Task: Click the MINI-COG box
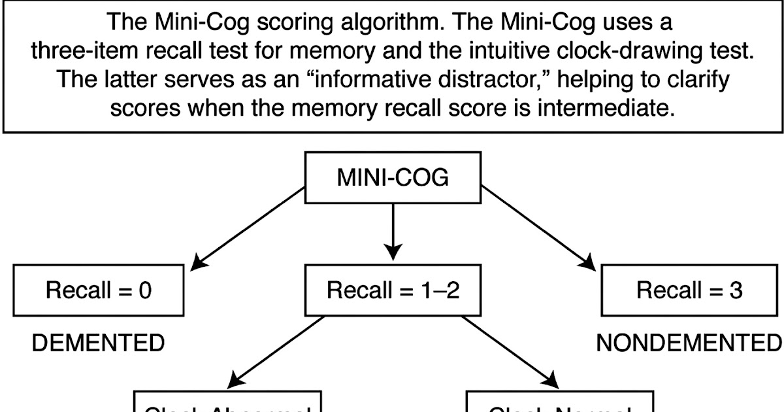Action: click(x=393, y=178)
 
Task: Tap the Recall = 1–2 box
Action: click(x=393, y=290)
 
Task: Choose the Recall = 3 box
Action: click(x=689, y=290)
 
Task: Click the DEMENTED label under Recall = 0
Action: click(x=98, y=343)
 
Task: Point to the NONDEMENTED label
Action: click(x=689, y=343)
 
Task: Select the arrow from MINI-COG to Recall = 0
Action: click(x=248, y=228)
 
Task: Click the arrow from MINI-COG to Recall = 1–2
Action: click(x=393, y=229)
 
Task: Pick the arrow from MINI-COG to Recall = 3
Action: click(x=539, y=228)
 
